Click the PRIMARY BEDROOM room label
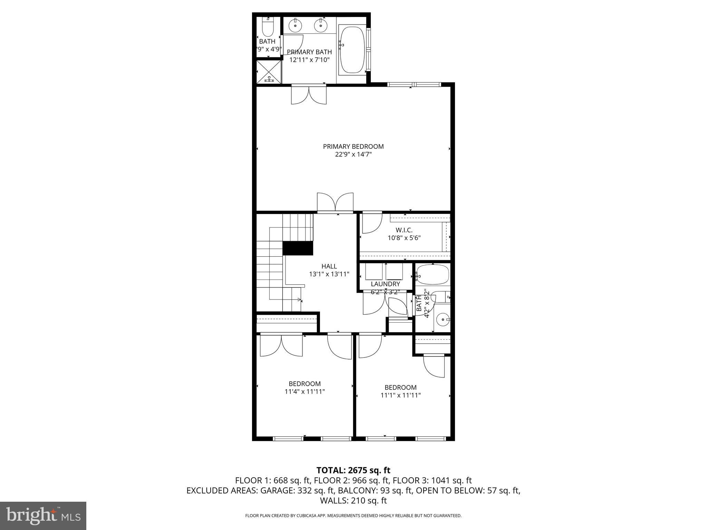353,147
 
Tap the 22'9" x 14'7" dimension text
353,155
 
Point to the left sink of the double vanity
295,25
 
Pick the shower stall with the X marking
269,71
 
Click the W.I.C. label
404,230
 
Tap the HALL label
329,266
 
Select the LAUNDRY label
385,284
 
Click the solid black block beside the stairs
298,248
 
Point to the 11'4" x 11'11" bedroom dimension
305,392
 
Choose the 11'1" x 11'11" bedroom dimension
400,395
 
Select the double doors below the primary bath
309,95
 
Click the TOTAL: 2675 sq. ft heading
353,470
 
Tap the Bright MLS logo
43,516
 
